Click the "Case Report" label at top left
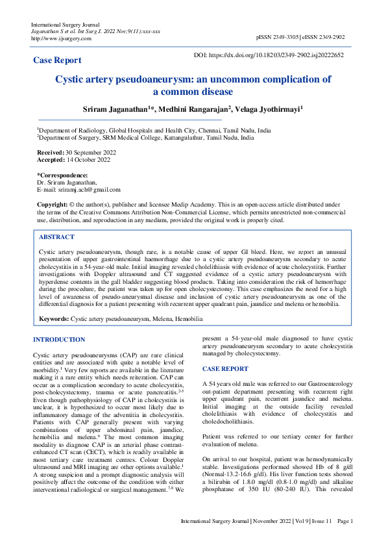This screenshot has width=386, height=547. point(57,60)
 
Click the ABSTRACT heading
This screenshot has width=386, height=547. point(56,237)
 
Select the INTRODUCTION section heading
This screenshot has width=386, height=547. point(59,340)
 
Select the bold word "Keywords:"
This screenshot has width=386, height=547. point(54,320)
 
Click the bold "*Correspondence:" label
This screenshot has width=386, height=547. point(62,175)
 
